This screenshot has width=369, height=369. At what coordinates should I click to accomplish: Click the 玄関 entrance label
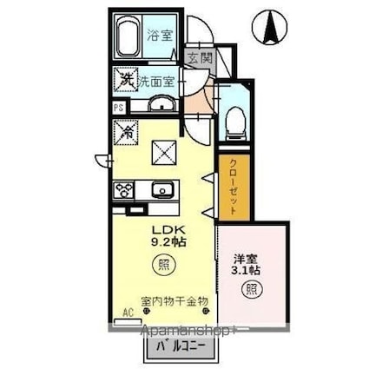[x=199, y=58]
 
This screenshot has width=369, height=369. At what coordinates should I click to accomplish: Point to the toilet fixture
[x=234, y=119]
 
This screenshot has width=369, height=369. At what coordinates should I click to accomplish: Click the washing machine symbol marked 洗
[x=124, y=81]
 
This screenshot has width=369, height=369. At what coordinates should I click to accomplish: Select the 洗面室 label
[x=157, y=82]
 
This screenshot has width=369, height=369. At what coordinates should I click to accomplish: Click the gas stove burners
[x=122, y=189]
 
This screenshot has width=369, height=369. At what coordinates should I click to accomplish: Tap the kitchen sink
[x=161, y=190]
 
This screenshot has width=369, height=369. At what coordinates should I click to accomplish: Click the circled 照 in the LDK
[x=161, y=265]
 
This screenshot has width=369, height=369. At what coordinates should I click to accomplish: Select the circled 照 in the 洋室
[x=250, y=289]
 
